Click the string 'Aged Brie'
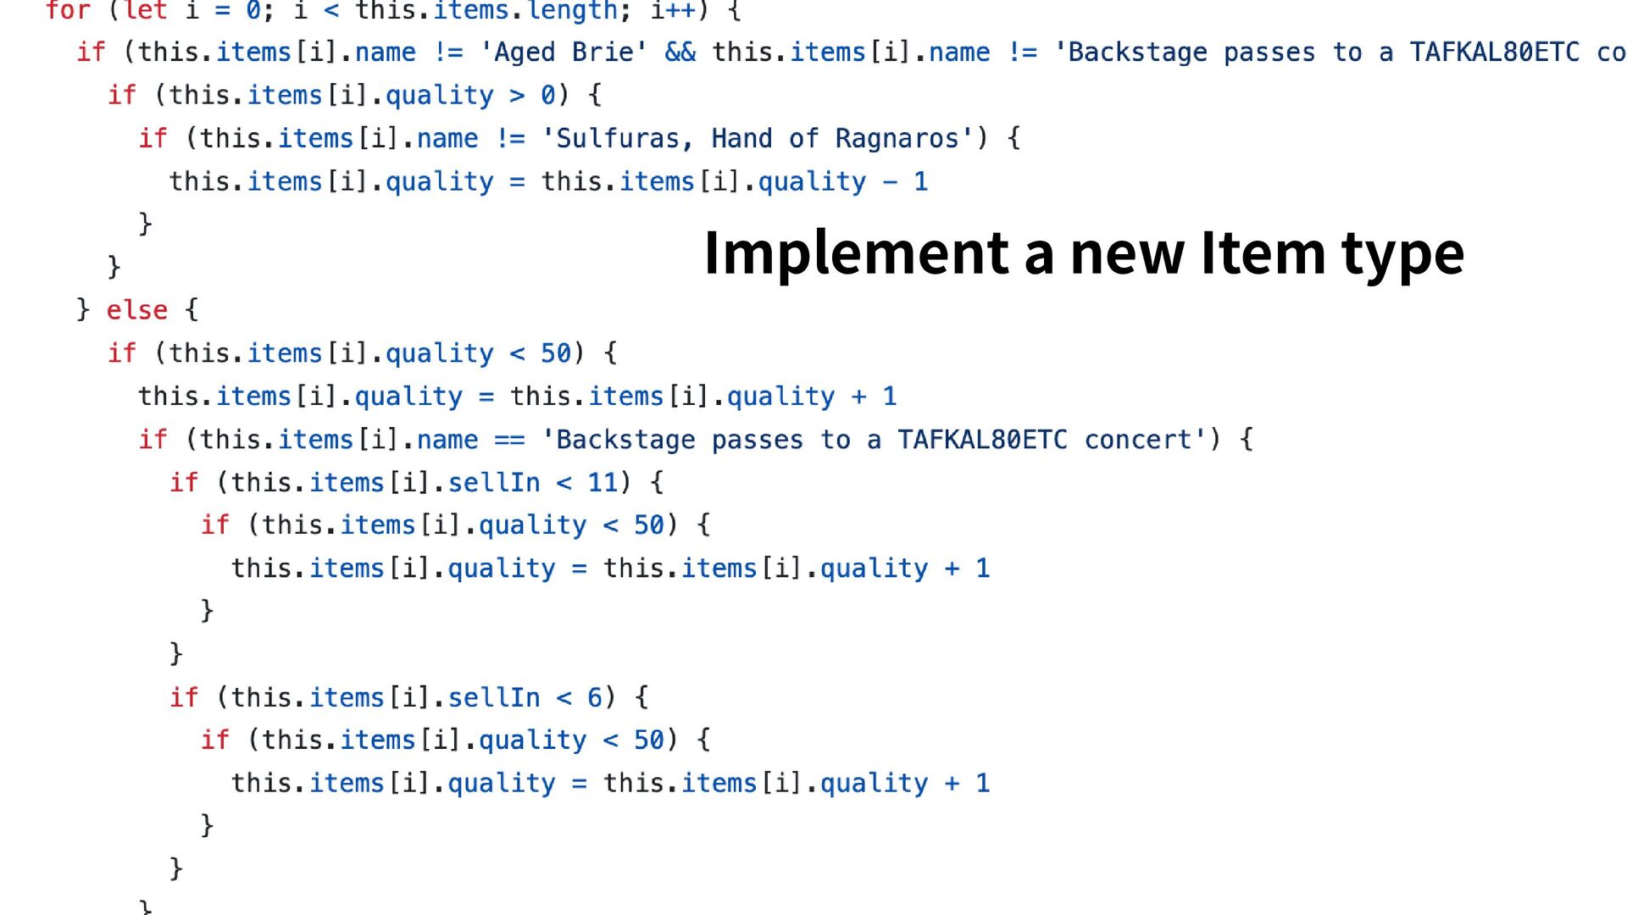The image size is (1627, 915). pos(564,53)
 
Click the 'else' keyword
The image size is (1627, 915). pos(136,310)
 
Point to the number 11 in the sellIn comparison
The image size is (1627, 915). pos(602,483)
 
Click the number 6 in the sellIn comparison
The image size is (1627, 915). pos(595,698)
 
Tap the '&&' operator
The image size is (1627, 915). pos(680,53)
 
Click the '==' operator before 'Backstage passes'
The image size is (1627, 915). pos(509,441)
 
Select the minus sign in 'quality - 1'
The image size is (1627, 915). pos(890,182)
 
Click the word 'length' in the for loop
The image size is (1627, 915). pos(573,11)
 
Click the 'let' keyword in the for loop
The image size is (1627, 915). pos(146,11)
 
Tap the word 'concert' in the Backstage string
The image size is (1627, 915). pos(1138,441)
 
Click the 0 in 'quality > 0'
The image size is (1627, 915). pos(548,96)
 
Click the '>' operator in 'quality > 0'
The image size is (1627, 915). pos(517,96)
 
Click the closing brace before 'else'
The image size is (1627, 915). pos(83,310)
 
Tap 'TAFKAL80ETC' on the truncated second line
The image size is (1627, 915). pos(1494,53)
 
